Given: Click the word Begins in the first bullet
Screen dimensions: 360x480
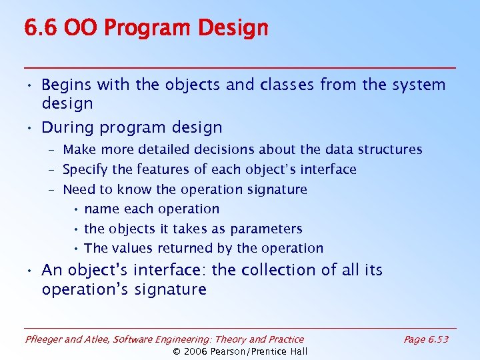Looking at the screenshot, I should [67, 85].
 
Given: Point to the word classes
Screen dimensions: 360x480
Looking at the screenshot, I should [287, 85].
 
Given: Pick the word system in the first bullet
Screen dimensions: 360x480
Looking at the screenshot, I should [418, 85].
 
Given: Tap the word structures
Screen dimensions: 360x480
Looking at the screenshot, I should [390, 149].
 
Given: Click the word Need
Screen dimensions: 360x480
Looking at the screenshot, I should [79, 189].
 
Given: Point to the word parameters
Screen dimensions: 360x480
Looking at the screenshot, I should [266, 229].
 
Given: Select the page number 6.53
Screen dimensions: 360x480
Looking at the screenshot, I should [437, 339].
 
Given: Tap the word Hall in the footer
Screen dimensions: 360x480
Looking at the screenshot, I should [297, 351].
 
